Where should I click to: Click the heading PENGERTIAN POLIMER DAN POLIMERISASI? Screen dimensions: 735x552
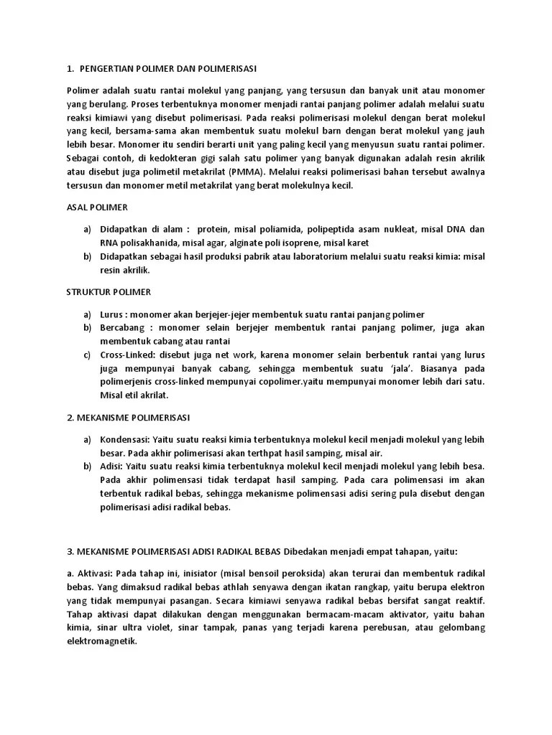click(x=169, y=69)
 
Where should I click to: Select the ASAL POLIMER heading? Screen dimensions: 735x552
click(x=97, y=207)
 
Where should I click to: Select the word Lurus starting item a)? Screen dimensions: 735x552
click(x=111, y=314)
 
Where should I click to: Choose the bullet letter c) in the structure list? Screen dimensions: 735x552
click(x=87, y=355)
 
